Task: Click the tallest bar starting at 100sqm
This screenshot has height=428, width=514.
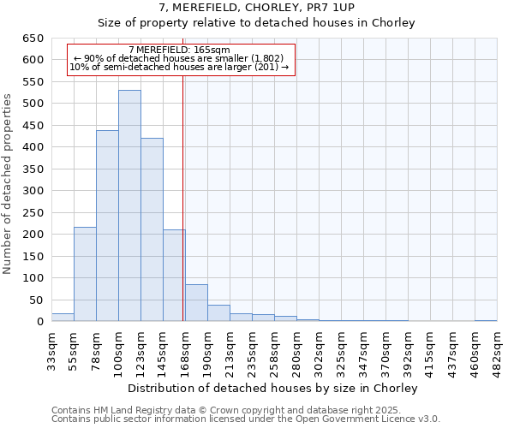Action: click(x=129, y=205)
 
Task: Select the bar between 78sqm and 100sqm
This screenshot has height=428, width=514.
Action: click(x=107, y=226)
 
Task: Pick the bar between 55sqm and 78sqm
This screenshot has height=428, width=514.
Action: click(x=85, y=274)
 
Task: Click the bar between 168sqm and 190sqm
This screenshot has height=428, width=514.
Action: click(x=196, y=303)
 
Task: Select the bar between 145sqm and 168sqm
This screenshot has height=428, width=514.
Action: click(x=174, y=276)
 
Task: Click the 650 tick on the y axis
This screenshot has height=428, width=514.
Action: click(x=33, y=39)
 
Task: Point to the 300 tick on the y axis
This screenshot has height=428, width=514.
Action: click(x=33, y=191)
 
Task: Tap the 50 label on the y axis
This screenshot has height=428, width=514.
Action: click(x=36, y=300)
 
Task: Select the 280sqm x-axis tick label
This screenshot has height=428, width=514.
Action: click(x=297, y=351)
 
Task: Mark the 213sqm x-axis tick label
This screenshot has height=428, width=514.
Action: click(x=230, y=351)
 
